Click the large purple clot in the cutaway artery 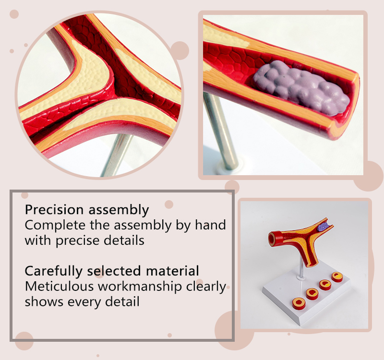tap(301, 87)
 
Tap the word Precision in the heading tap(54, 210)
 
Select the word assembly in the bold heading tap(119, 210)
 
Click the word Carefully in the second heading tap(53, 272)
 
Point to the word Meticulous tap(59, 286)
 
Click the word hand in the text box tap(210, 225)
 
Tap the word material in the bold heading tap(172, 271)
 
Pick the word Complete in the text tap(55, 226)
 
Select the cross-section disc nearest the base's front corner tap(299, 303)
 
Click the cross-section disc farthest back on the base tap(337, 277)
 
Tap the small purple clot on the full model tap(323, 227)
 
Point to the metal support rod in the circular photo tap(117, 154)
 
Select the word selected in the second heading tap(114, 271)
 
